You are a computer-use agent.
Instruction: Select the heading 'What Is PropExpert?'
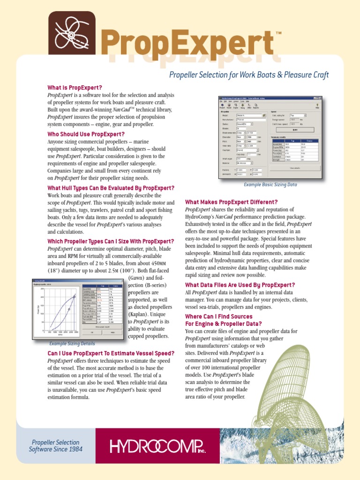75,88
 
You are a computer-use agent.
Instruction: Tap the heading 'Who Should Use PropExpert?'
86,134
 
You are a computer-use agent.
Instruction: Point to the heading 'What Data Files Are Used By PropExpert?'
240,285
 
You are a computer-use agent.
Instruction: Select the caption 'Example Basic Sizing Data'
270,185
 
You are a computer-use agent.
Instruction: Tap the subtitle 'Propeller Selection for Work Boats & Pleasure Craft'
248,75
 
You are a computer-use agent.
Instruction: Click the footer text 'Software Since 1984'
55,450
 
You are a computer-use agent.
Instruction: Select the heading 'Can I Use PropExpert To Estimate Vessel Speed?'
111,353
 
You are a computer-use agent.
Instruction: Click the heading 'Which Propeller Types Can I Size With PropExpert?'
111,241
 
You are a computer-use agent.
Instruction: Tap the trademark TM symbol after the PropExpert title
279,33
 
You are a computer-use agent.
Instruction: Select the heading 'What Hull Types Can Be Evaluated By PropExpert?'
111,188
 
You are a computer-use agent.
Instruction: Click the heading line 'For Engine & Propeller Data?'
225,323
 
